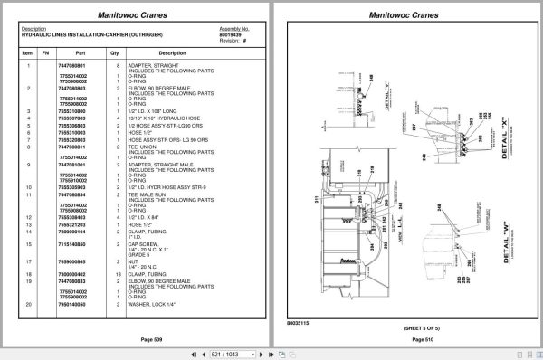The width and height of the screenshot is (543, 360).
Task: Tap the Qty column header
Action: click(x=115, y=53)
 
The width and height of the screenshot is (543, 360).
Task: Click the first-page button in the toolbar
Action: click(x=187, y=353)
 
